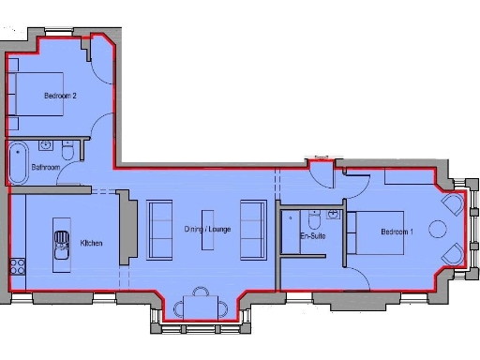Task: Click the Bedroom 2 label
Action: tap(59, 97)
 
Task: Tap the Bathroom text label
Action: tap(46, 167)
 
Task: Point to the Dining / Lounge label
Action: tap(207, 229)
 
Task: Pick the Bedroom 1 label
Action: tap(397, 232)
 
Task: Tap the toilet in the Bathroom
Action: tap(67, 151)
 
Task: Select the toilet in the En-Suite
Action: tap(313, 220)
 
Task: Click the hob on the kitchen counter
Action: tap(15, 262)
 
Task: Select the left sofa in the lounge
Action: tap(160, 229)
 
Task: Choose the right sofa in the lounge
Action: tap(252, 229)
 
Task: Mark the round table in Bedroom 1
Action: tap(437, 229)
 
